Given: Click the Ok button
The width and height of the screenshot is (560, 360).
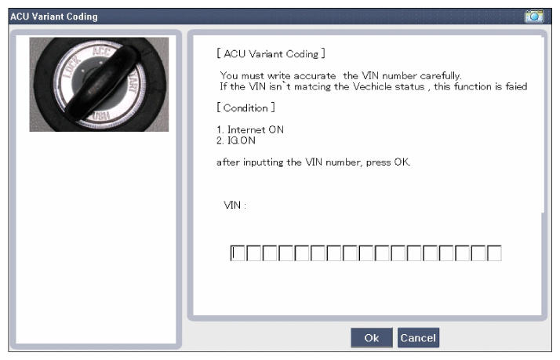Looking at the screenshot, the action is point(372,337).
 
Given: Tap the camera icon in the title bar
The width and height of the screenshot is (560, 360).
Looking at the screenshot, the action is point(534,16).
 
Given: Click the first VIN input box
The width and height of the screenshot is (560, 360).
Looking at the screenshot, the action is point(238,253).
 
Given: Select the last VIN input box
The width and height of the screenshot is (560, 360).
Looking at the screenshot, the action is point(494,253).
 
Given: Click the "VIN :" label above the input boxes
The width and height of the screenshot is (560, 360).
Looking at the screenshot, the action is point(235,205).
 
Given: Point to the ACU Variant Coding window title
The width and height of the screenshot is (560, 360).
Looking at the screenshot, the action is point(54,16).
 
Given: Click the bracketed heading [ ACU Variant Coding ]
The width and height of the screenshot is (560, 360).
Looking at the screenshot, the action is point(271,54).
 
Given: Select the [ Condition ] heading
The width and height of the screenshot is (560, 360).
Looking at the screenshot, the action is point(245,108).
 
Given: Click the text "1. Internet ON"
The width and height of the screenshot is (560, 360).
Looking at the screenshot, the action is point(250,129).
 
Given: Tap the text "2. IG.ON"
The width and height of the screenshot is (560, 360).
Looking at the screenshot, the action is point(236,140).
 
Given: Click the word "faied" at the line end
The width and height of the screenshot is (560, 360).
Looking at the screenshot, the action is point(516,86).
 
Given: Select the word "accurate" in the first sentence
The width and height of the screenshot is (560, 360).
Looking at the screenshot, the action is point(315,76).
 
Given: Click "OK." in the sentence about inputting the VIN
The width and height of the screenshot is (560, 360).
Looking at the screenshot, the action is point(402,162).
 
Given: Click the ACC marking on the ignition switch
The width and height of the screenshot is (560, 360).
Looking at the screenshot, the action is point(100,51).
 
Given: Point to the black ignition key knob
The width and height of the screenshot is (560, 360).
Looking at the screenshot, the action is point(101,83).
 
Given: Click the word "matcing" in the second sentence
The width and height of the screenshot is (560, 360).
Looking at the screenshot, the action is point(312,87).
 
